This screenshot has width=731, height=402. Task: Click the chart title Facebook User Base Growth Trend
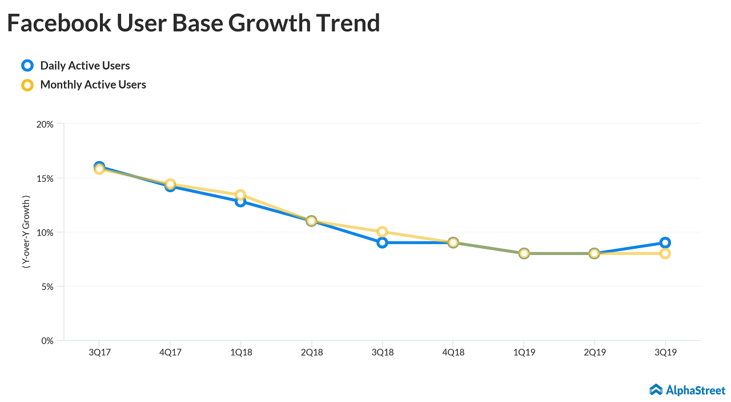pos(193,23)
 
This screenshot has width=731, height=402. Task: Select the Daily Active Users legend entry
pos(85,66)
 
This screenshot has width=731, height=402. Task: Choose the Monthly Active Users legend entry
pos(93,85)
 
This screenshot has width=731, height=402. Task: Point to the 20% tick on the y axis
pos(45,124)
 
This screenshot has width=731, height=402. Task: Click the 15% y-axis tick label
pos(45,178)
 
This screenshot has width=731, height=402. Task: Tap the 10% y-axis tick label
pos(45,232)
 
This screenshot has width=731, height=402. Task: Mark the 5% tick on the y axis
pos(47,286)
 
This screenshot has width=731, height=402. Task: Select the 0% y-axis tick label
pos(47,341)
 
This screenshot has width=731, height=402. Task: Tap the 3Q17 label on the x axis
pos(99,352)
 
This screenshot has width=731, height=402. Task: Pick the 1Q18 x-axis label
pos(240,352)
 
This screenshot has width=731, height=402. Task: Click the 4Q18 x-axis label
pos(453,352)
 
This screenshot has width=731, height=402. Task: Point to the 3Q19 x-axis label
pos(665,352)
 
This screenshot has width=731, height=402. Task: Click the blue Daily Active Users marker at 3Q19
pos(665,242)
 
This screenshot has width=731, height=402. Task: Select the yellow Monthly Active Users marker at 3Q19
pos(665,253)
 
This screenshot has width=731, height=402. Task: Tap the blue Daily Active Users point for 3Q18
pos(382,242)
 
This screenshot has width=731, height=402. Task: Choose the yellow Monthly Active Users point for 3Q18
pos(382,232)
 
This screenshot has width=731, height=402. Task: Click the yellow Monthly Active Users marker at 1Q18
pos(240,195)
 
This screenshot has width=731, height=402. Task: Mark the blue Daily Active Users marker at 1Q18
pos(240,202)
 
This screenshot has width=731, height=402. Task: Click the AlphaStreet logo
pos(688,390)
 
